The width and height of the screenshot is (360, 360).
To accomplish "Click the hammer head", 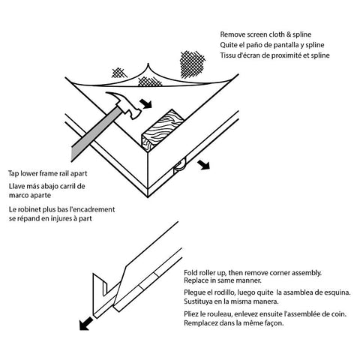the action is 126,105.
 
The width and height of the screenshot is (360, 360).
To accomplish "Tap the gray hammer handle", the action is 95,133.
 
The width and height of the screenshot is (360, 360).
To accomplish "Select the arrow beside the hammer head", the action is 145,103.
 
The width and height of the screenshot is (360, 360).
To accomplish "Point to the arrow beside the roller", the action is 203,165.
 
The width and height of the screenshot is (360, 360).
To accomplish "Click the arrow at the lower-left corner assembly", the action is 85,324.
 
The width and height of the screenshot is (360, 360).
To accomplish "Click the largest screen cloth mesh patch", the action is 193,64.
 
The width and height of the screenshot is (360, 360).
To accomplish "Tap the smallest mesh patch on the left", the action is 118,73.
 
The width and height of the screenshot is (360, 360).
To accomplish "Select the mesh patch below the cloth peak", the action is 150,82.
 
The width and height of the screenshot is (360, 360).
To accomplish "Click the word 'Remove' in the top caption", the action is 232,34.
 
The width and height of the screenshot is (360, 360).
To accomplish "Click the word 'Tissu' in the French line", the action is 227,55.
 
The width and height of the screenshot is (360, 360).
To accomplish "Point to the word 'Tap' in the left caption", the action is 13,174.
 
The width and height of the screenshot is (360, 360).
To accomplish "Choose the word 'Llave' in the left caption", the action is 16,186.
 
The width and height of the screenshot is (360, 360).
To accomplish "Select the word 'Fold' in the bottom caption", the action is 190,273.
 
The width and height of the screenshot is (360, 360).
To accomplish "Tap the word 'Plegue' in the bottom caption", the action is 194,292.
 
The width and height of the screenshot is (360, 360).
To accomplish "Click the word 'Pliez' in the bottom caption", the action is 191,314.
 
